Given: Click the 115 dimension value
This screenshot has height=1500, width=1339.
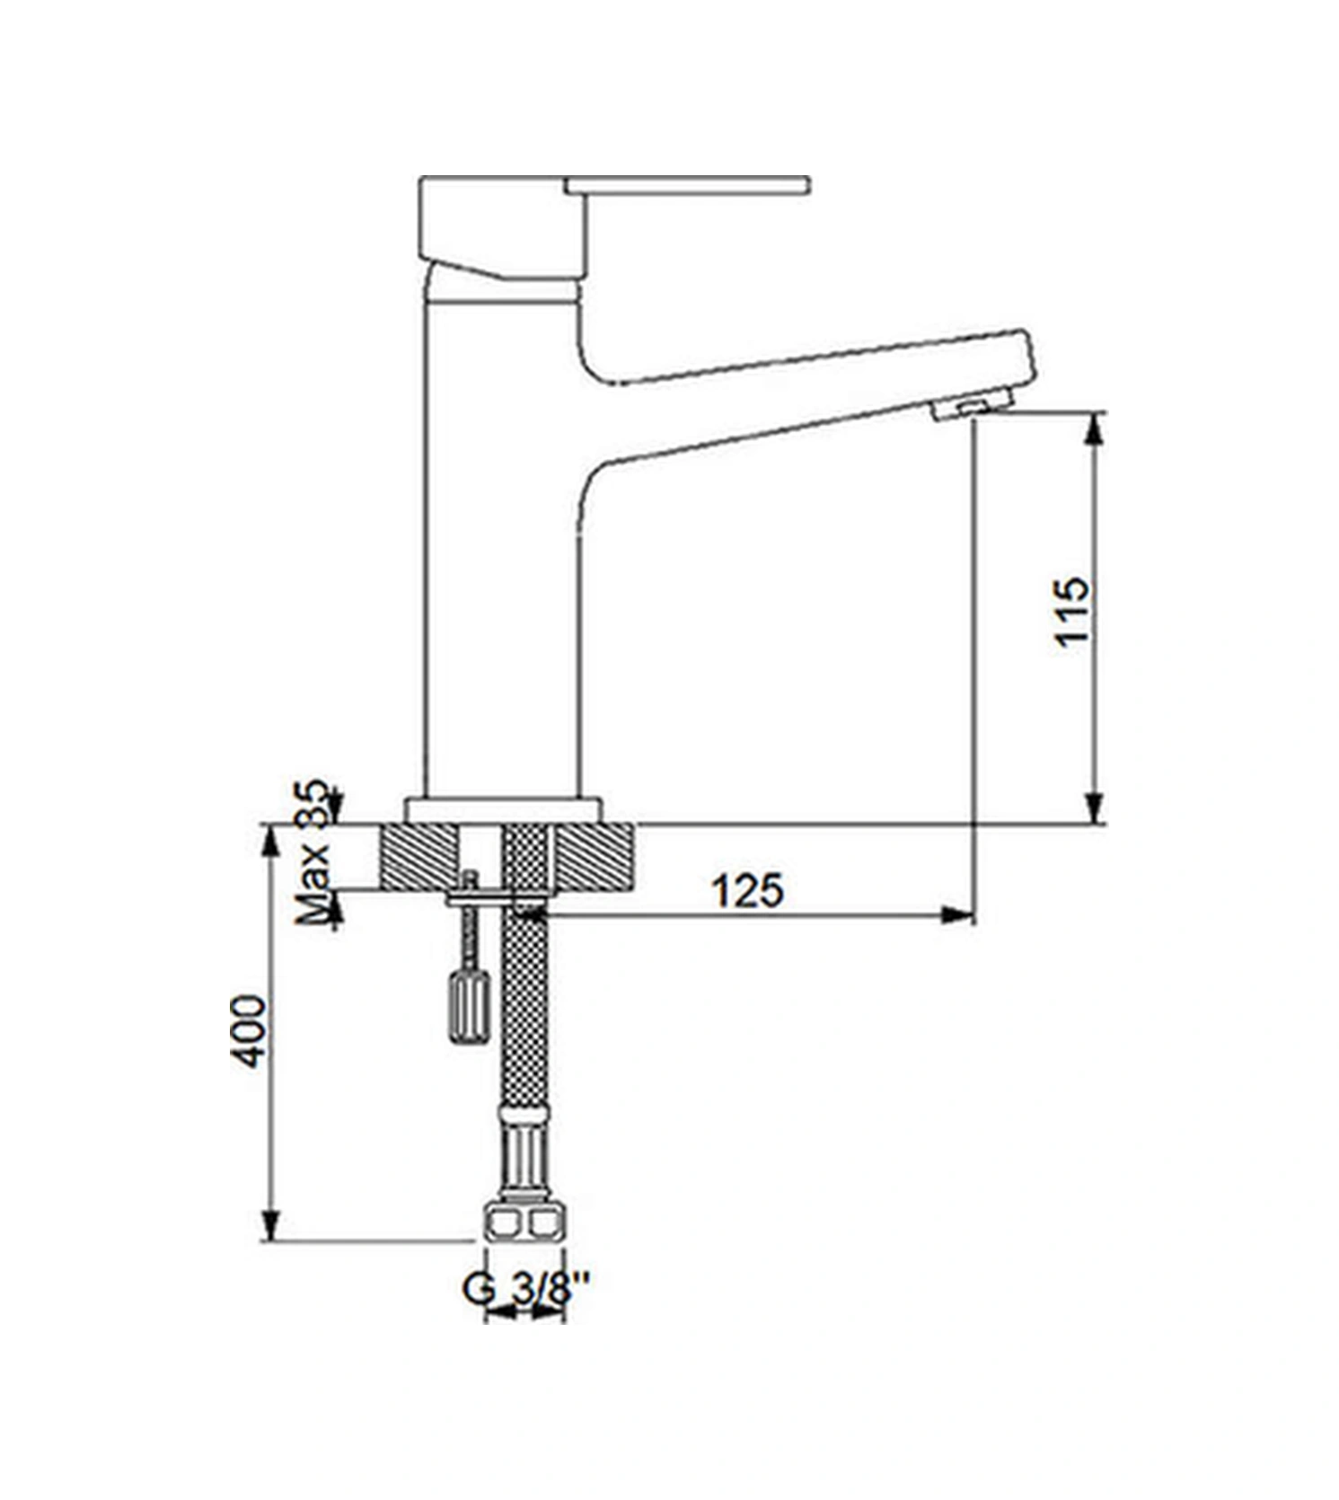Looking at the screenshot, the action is (x=1072, y=611).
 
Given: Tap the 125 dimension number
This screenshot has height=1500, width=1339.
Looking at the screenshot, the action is (x=747, y=891).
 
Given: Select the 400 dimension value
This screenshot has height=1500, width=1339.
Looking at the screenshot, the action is (x=250, y=1031).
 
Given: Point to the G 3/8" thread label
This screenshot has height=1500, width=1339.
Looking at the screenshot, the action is (x=526, y=1290).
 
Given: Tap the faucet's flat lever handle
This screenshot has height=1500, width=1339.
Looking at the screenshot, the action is (x=688, y=185).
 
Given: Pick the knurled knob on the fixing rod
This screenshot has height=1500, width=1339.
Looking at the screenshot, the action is (x=469, y=1006).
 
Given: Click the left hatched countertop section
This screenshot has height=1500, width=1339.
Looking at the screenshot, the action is (x=419, y=858).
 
